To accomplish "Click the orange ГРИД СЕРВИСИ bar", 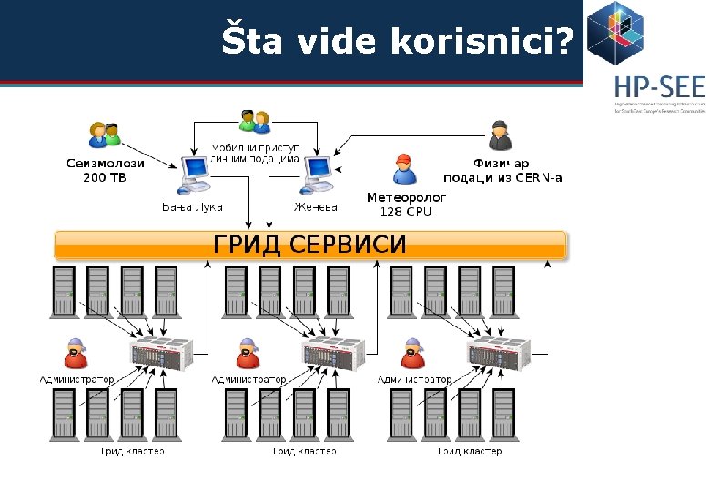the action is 309,245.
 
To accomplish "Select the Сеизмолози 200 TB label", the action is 105,170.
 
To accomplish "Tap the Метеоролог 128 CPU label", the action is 406,204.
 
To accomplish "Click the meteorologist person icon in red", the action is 403,168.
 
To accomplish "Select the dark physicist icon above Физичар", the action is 498,136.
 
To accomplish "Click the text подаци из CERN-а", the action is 502,177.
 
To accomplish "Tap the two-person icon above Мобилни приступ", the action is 255,121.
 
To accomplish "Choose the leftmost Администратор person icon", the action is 76,354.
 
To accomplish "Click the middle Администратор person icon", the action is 248,354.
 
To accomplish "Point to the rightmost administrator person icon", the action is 414,354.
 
